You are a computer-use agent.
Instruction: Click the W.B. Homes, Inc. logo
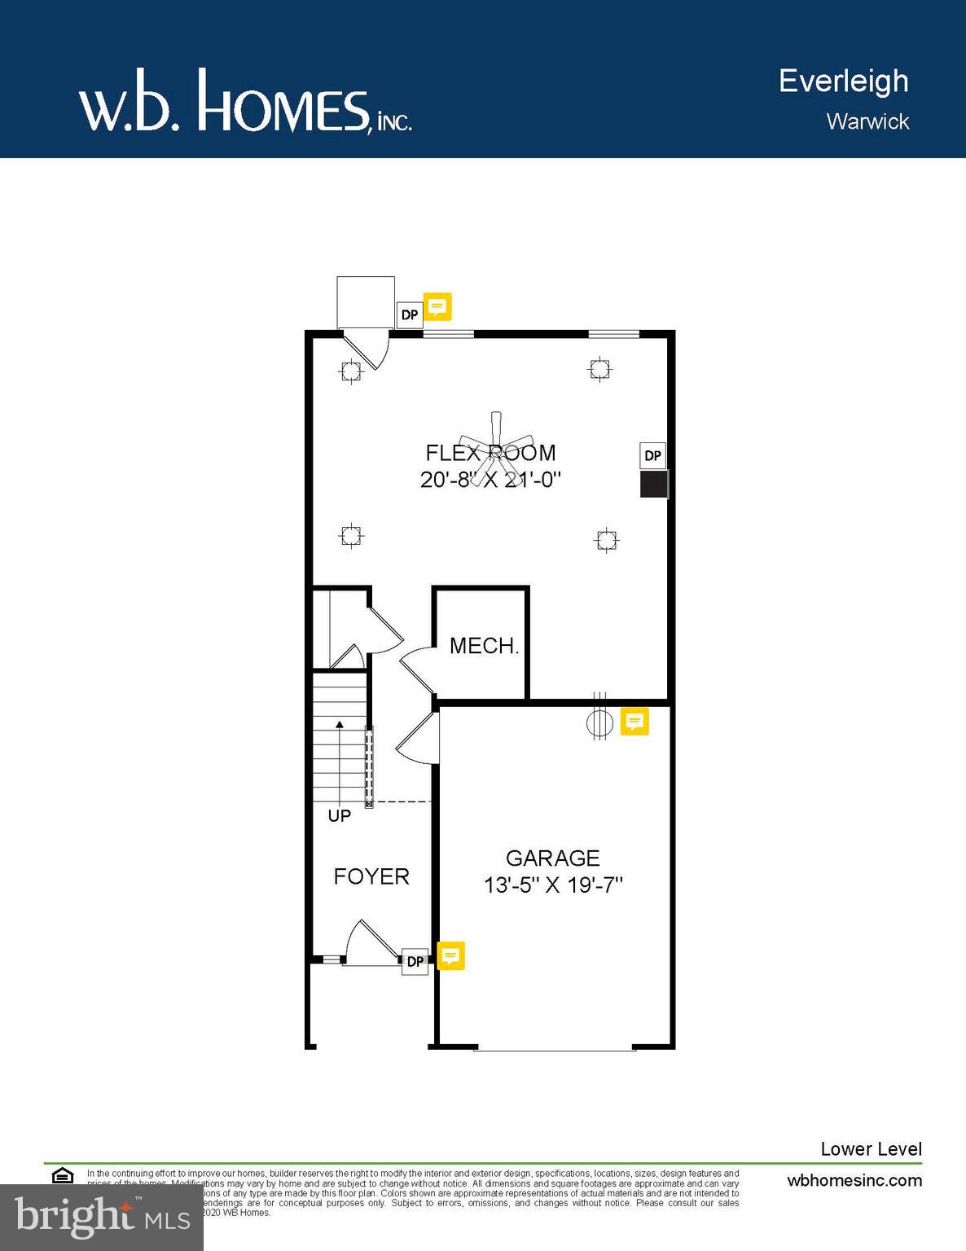point(244,102)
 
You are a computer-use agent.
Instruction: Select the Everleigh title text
point(843,81)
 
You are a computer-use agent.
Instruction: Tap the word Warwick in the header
point(867,121)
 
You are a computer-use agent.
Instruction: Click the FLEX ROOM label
point(490,453)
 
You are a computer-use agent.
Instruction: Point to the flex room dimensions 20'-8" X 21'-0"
point(490,479)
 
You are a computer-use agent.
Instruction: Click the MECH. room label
point(484,646)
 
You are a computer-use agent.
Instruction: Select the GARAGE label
point(552,858)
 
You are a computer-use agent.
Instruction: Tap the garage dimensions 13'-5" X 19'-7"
point(553,884)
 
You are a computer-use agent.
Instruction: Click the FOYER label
point(371,876)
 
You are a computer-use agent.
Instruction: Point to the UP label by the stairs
point(340,815)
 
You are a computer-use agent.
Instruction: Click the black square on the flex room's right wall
point(653,484)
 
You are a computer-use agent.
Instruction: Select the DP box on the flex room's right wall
point(653,455)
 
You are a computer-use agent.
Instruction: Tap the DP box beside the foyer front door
point(415,961)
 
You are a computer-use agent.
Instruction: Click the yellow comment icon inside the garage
point(634,721)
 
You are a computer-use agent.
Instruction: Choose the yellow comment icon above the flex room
point(437,306)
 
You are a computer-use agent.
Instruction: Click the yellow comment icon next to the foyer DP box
point(451,955)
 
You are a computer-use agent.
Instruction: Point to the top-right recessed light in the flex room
point(599,369)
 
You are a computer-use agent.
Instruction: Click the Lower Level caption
point(871,1148)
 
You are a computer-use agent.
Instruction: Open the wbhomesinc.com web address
point(854,1180)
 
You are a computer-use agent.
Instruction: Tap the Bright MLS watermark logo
point(102,1217)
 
